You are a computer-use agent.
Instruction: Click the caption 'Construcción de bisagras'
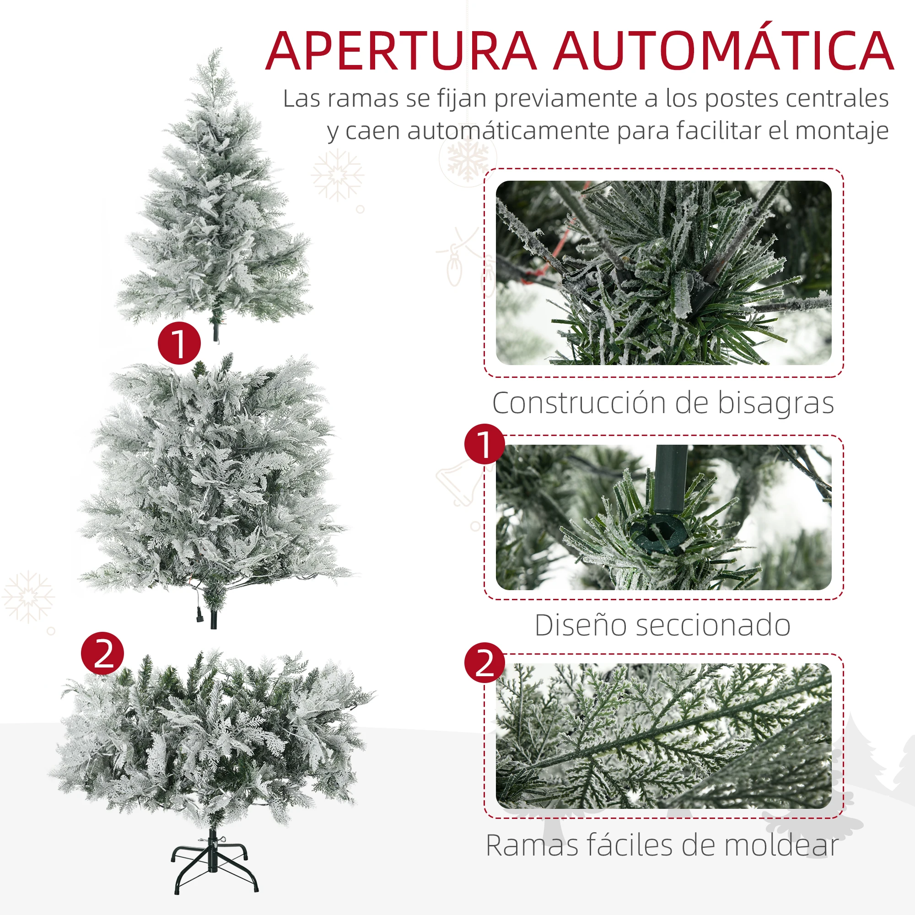pos(663,404)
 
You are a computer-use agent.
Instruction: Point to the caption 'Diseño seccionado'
pos(662,625)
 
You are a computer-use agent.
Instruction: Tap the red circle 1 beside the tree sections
pos(179,343)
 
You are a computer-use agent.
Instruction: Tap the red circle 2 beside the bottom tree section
pos(102,653)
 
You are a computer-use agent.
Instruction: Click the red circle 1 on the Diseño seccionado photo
pos(484,444)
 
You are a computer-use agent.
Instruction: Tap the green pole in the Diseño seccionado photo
pos(670,479)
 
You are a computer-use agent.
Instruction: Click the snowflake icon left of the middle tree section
pos(28,597)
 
